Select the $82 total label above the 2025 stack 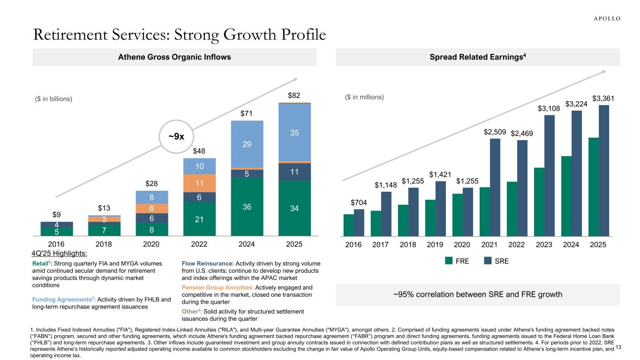294,96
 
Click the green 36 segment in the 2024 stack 247,206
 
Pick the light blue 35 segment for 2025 294,133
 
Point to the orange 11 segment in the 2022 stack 199,183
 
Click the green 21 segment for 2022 199,219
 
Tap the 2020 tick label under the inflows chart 151,244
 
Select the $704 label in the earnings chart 359,202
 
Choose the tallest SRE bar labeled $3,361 603,170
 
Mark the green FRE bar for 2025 593,187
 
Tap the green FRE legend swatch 449,261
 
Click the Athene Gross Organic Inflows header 174,57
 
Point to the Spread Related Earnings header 477,57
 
